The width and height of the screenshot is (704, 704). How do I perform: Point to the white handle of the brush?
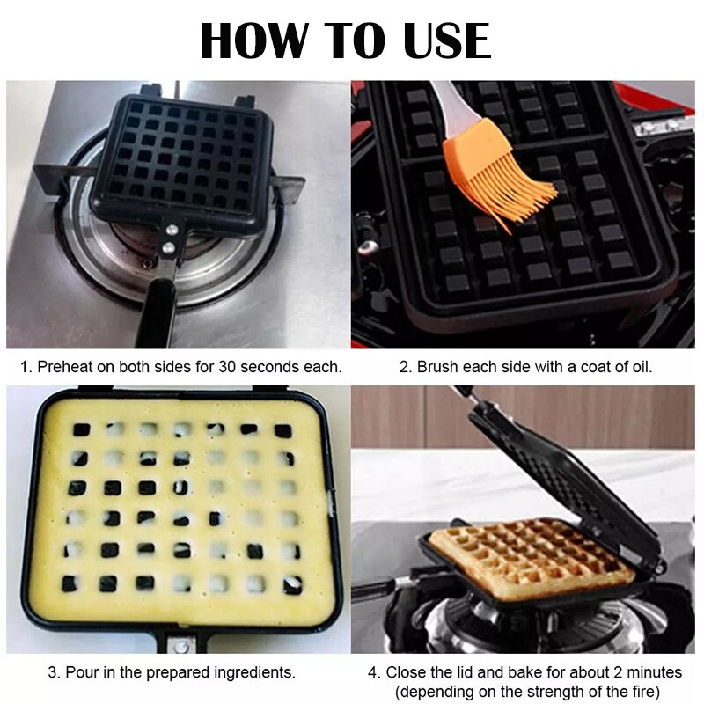(x=444, y=96)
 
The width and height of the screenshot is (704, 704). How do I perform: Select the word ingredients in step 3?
(x=254, y=672)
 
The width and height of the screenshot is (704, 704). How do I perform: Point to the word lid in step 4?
(x=474, y=672)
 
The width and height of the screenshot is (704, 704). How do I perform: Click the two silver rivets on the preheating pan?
(x=171, y=238)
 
